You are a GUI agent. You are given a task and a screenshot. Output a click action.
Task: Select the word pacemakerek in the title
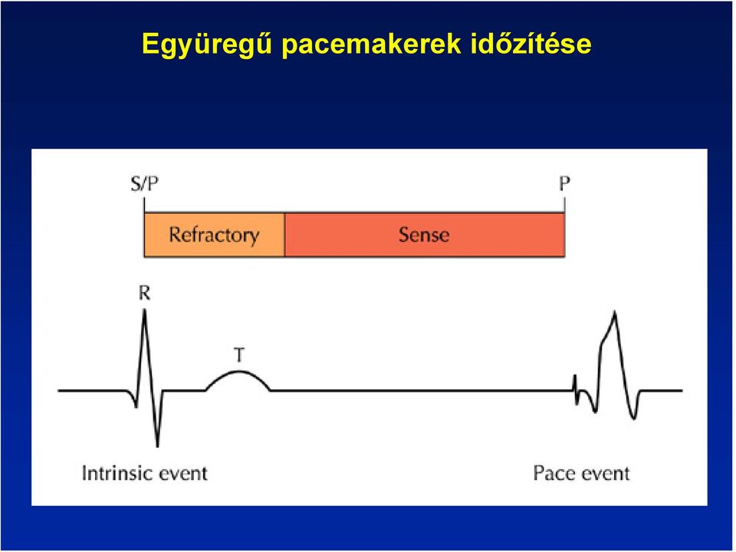(x=372, y=44)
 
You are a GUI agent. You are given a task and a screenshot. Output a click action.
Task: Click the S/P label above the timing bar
(x=145, y=183)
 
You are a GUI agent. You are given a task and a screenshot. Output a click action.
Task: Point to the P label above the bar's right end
(x=564, y=183)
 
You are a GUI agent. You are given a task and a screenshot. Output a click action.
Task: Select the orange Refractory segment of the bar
(x=214, y=235)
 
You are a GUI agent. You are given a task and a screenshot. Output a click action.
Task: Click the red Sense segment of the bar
(x=424, y=235)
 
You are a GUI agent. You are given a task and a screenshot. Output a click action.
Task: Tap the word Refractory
(x=214, y=235)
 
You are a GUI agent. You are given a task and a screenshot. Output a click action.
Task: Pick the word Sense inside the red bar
(x=424, y=235)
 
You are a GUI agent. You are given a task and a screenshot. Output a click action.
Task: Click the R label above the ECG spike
(x=145, y=294)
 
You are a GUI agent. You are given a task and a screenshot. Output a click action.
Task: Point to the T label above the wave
(x=239, y=355)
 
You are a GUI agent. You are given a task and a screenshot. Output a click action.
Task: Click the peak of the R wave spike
(x=145, y=310)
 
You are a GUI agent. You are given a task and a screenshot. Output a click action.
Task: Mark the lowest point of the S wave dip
(x=157, y=445)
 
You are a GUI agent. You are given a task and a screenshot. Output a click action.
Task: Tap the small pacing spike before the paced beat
(x=575, y=389)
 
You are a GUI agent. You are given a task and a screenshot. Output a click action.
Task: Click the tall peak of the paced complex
(x=615, y=312)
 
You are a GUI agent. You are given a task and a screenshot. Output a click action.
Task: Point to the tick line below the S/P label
(x=144, y=205)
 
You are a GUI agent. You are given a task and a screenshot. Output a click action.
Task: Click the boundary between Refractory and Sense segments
(x=284, y=235)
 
